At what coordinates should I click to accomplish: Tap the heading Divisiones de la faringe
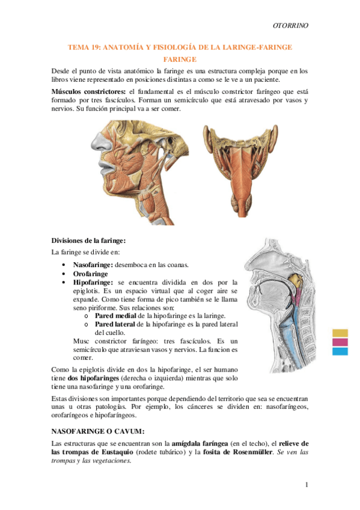tap(88, 240)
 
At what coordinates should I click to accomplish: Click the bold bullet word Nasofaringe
tap(93, 265)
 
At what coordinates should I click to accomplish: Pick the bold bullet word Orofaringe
tap(90, 273)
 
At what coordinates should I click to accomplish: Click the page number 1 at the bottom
tap(306, 485)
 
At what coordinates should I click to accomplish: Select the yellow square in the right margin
tap(340, 333)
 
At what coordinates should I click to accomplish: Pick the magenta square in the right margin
tap(340, 342)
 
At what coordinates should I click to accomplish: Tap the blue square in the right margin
tap(340, 351)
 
